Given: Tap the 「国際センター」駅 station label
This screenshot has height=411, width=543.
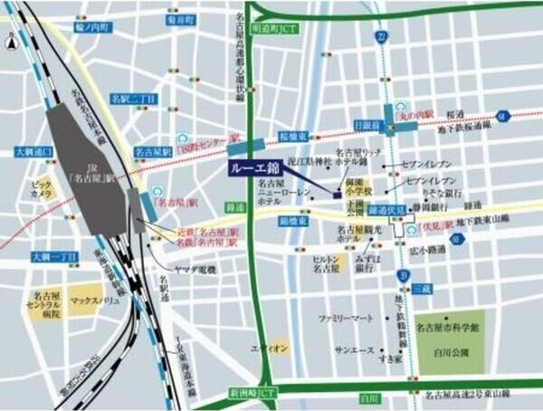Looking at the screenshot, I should [207, 144].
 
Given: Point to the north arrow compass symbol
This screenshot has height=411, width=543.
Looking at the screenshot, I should [11, 39].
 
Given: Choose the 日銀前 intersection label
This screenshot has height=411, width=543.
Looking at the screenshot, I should [367, 123].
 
